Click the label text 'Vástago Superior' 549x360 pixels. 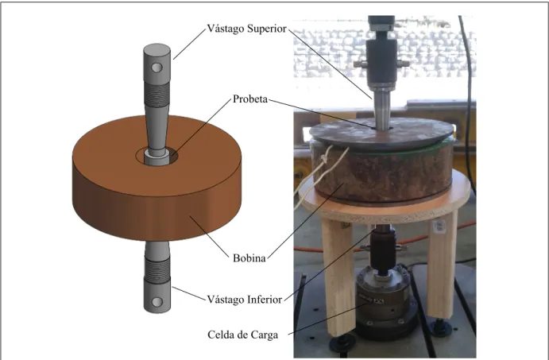(247, 29)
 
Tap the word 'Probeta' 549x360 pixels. (250, 99)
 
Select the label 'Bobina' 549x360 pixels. (249, 258)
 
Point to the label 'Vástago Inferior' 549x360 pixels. (245, 300)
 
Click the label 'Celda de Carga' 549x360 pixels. (243, 335)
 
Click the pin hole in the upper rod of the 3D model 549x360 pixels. (157, 68)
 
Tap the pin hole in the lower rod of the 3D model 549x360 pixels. (157, 301)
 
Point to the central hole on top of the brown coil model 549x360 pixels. (157, 156)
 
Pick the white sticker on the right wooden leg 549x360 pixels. (439, 226)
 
